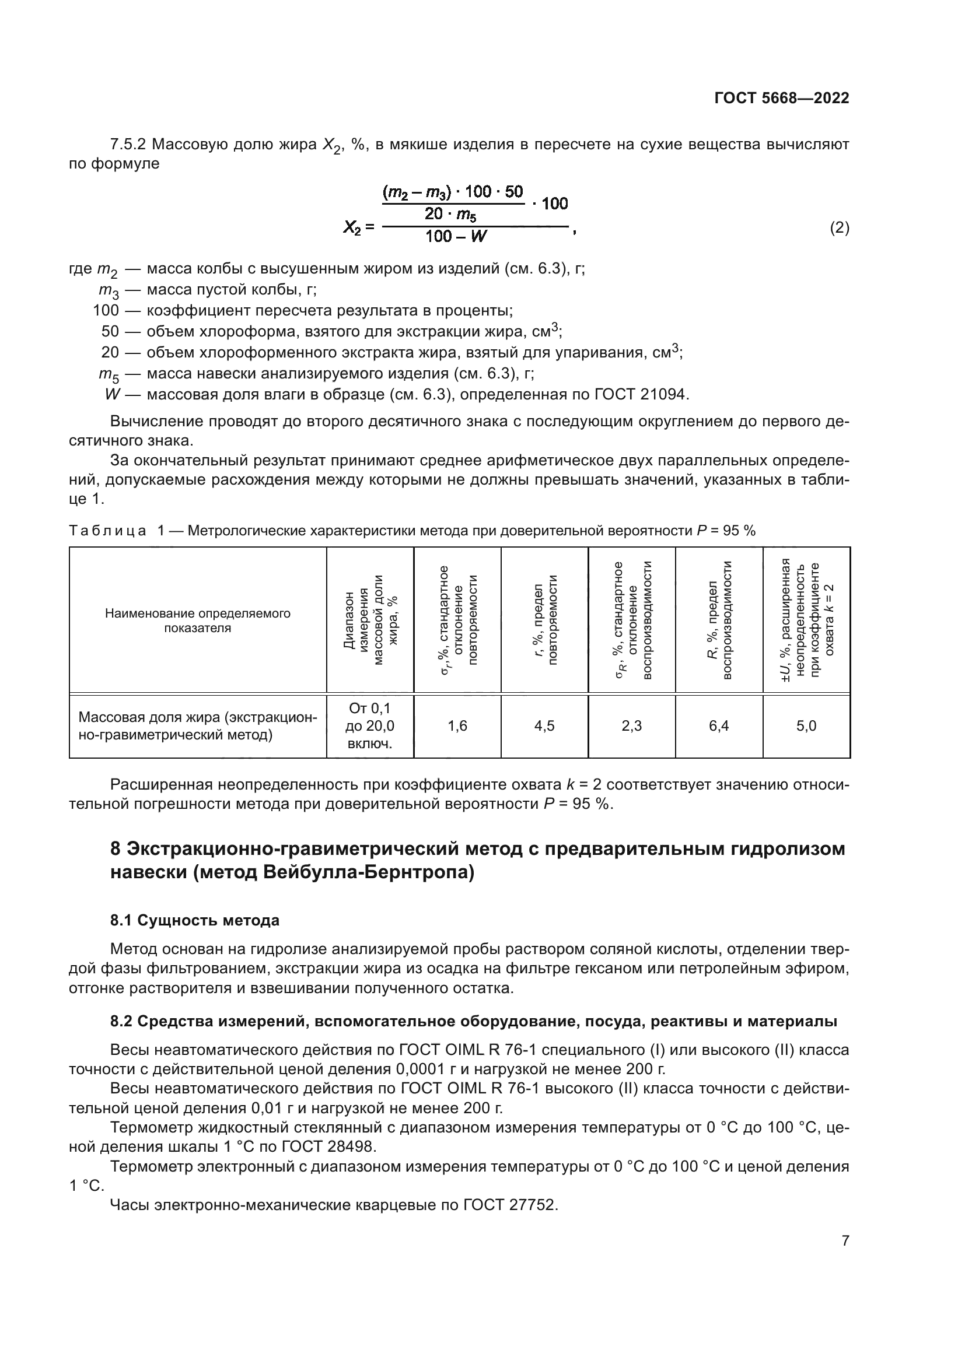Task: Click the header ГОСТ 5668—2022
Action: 781,98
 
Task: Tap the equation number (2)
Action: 839,227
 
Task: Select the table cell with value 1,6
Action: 457,725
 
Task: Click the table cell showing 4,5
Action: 544,725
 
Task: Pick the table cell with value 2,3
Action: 632,725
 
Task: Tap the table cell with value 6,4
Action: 719,725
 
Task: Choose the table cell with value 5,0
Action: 806,725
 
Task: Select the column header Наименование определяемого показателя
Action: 197,620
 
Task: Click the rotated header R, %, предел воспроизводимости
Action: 719,620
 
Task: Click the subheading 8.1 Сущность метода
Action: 194,920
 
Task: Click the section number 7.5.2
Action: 128,145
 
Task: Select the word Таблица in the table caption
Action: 107,531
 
